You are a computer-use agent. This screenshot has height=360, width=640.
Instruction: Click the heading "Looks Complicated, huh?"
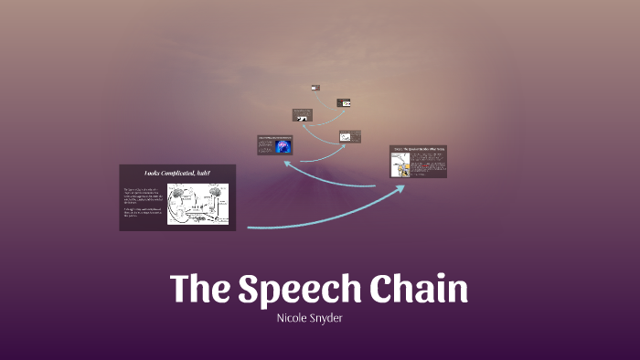[x=177, y=174]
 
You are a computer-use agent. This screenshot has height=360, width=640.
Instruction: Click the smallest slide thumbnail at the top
[x=315, y=88]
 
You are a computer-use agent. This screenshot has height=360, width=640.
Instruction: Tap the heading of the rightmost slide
[x=419, y=148]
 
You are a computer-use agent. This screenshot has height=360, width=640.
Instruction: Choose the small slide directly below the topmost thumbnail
[x=343, y=103]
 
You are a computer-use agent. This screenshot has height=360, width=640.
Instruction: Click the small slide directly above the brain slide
[x=302, y=115]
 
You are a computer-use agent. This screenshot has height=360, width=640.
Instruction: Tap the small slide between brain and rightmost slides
[x=349, y=137]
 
